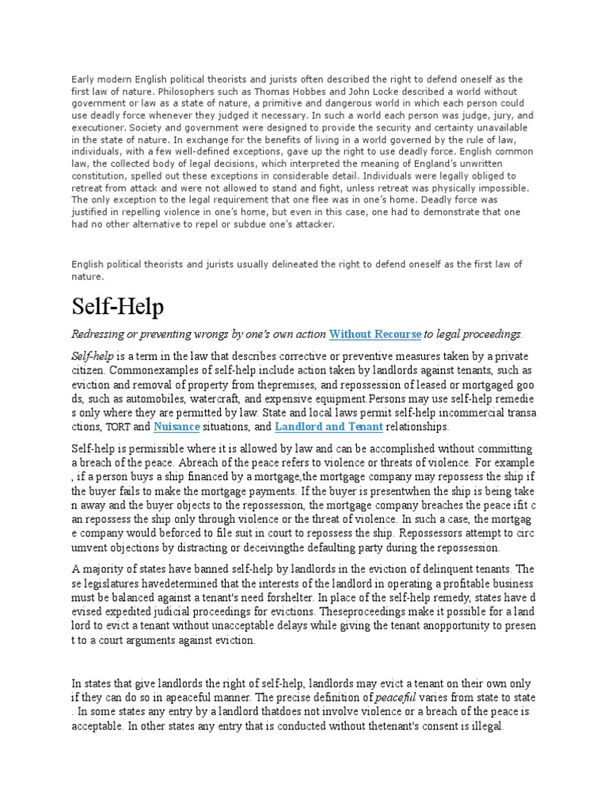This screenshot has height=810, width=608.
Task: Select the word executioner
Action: point(99,127)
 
